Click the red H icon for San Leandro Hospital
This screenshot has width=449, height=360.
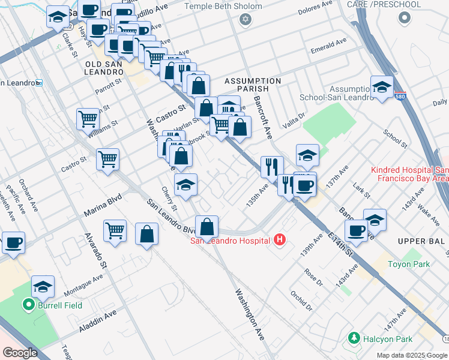click(x=279, y=241)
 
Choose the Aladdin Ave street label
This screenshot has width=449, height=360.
click(x=97, y=322)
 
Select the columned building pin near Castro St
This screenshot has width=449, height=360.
click(x=229, y=107)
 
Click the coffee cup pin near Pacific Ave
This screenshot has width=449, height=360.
click(x=14, y=243)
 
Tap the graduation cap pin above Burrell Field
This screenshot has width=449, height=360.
click(x=43, y=287)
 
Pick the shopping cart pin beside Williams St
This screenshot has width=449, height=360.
click(x=88, y=118)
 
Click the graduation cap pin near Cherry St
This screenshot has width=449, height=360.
click(x=186, y=185)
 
